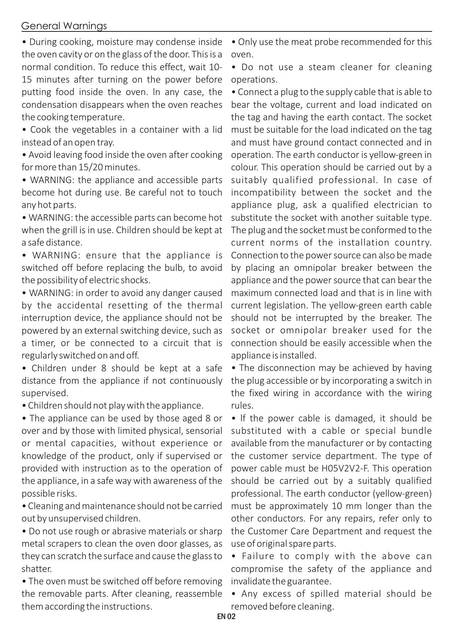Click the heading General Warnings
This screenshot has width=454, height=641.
[x=64, y=26]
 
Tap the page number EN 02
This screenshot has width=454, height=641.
[x=226, y=617]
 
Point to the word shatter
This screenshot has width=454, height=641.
[x=36, y=569]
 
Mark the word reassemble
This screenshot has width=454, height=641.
[x=198, y=594]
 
